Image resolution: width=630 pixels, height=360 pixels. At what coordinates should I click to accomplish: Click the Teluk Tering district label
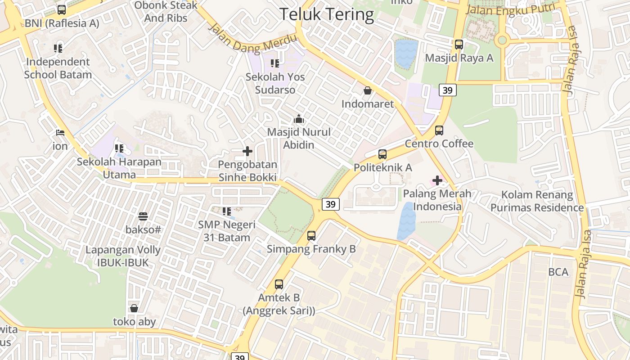(x=326, y=14)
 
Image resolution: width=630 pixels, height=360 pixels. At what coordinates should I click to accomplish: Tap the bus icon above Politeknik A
(x=382, y=154)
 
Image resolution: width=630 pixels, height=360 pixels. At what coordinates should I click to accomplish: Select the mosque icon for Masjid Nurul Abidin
(x=298, y=119)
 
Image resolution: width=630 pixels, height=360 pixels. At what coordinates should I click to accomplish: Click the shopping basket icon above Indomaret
(x=368, y=90)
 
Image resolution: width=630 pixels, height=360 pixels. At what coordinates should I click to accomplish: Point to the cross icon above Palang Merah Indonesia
(x=437, y=180)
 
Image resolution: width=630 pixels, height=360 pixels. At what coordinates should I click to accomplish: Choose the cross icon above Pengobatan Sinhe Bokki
(x=247, y=151)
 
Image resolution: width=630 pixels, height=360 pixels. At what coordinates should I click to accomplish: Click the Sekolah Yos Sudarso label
(x=275, y=83)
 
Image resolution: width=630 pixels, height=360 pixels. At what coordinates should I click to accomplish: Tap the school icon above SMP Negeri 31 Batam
(x=227, y=211)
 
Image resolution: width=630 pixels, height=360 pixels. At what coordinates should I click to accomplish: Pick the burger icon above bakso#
(x=143, y=216)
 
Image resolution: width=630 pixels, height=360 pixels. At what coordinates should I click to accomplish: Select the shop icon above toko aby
(x=134, y=308)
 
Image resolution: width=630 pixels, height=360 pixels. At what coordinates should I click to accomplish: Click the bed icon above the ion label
(x=60, y=133)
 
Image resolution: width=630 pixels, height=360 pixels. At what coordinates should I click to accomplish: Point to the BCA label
(x=558, y=272)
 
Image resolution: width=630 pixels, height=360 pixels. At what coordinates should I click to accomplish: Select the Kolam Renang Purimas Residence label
(x=537, y=201)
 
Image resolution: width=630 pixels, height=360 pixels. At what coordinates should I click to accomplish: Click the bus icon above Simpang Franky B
(x=311, y=235)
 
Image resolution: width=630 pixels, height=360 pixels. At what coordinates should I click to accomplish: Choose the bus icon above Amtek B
(x=279, y=284)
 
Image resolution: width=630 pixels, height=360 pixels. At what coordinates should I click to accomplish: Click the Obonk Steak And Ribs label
(x=166, y=12)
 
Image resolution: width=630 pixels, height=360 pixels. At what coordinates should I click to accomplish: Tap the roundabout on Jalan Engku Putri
(x=502, y=40)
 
